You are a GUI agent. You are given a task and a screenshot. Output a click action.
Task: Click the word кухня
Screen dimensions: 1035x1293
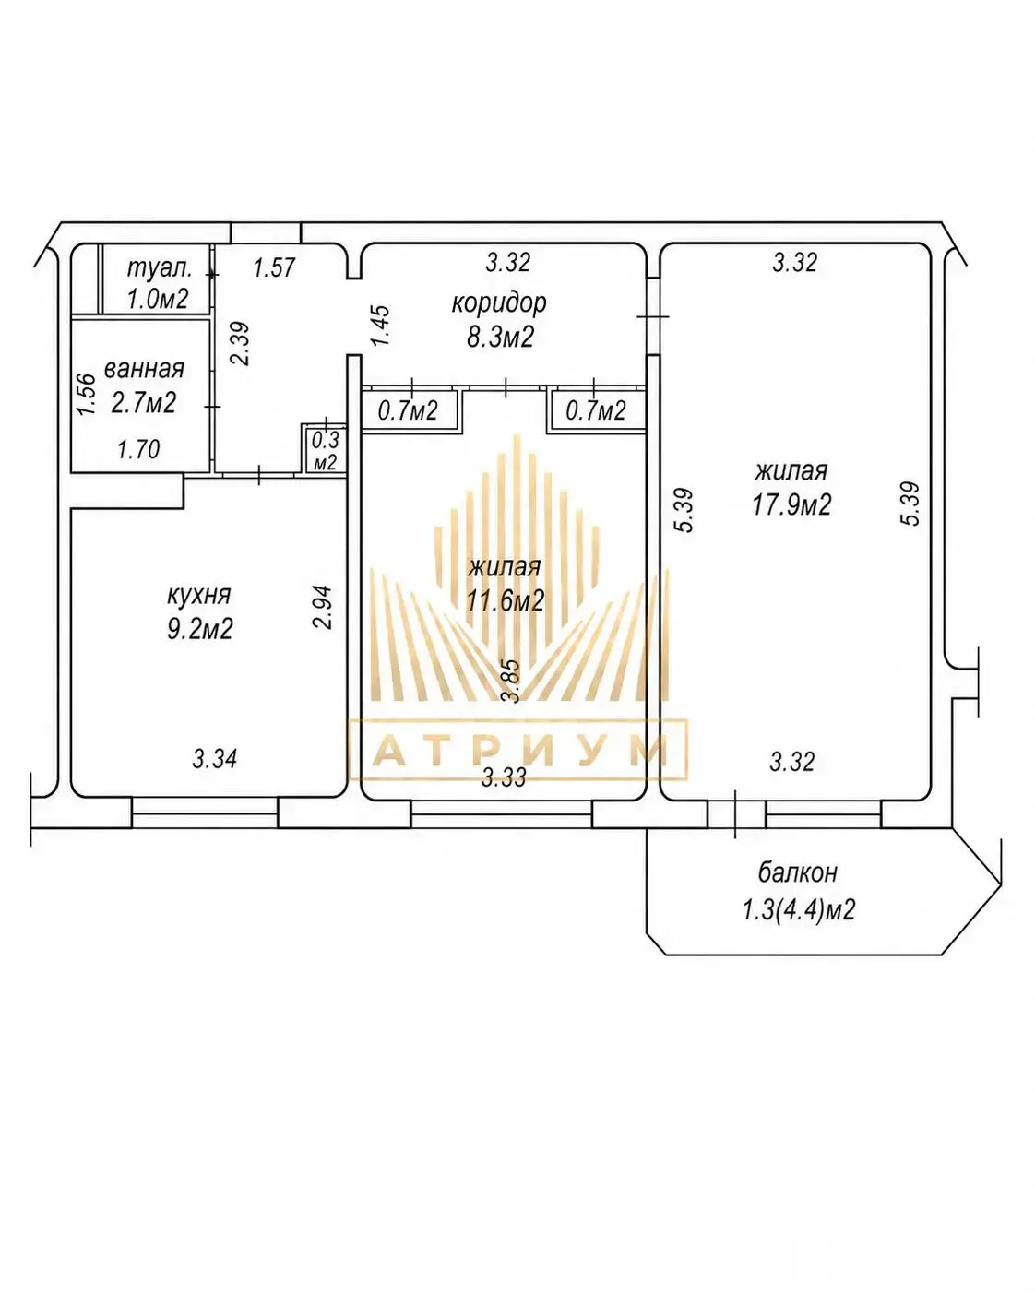[199, 596]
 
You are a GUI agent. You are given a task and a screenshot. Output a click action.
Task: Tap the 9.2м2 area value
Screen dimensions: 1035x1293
[199, 630]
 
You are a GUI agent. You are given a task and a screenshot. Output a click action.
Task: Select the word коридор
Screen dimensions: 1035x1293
[499, 302]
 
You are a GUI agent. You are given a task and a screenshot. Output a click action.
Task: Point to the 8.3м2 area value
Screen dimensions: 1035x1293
[501, 337]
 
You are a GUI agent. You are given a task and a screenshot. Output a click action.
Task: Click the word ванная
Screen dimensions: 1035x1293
[144, 368]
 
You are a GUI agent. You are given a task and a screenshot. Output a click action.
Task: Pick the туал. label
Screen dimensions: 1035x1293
[160, 268]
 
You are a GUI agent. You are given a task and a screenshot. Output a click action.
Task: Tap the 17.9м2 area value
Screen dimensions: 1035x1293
[791, 504]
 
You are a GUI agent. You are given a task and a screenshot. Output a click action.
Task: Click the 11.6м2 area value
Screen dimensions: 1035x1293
[506, 600]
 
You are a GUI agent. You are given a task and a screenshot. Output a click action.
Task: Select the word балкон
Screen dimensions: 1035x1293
[798, 872]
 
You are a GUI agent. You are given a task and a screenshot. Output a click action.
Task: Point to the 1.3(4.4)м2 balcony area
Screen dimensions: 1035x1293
[799, 910]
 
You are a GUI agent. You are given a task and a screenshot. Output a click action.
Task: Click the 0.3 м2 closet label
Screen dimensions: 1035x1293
[325, 451]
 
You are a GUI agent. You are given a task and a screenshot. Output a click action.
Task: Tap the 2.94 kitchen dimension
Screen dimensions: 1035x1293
[323, 607]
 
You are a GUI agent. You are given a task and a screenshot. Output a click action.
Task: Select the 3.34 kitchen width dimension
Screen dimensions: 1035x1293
[215, 758]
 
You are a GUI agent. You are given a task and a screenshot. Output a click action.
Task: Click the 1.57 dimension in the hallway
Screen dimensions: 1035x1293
[274, 267]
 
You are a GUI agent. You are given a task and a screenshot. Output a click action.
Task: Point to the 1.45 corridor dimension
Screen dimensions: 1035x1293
[380, 326]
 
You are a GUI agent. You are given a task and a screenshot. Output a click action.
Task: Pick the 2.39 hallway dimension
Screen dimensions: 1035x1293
[240, 344]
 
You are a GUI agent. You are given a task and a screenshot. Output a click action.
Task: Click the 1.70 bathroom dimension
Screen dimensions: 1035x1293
[139, 449]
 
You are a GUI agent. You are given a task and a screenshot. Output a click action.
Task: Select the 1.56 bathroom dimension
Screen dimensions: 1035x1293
[86, 394]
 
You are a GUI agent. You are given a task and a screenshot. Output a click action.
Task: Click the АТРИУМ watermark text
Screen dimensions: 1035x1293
[518, 750]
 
